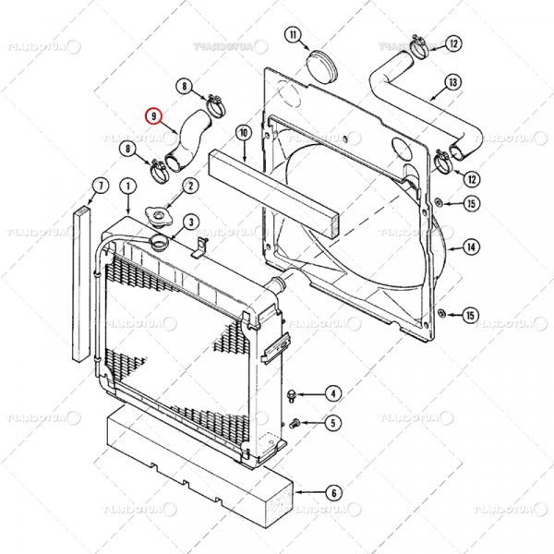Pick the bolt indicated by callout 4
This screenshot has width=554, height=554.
tap(292, 396)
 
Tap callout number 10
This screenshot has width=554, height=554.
tap(244, 133)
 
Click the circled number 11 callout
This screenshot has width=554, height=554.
tap(294, 36)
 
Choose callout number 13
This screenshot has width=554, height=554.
tap(452, 82)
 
